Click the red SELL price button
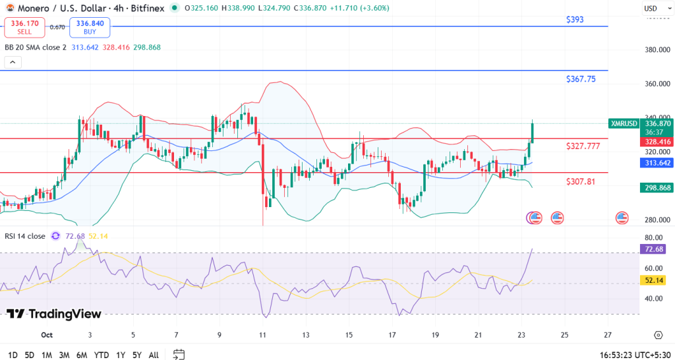click(x=24, y=27)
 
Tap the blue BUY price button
click(x=90, y=27)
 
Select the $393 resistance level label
click(x=575, y=20)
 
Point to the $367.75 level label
click(x=581, y=79)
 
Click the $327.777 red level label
click(x=583, y=146)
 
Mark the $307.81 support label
click(x=580, y=181)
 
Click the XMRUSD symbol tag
click(x=624, y=123)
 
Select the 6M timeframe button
click(x=82, y=355)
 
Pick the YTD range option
click(x=102, y=355)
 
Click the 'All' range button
click(x=154, y=355)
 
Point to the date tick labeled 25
click(x=564, y=335)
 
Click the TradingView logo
click(x=54, y=315)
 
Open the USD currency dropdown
click(x=653, y=8)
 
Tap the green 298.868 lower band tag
click(x=656, y=188)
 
